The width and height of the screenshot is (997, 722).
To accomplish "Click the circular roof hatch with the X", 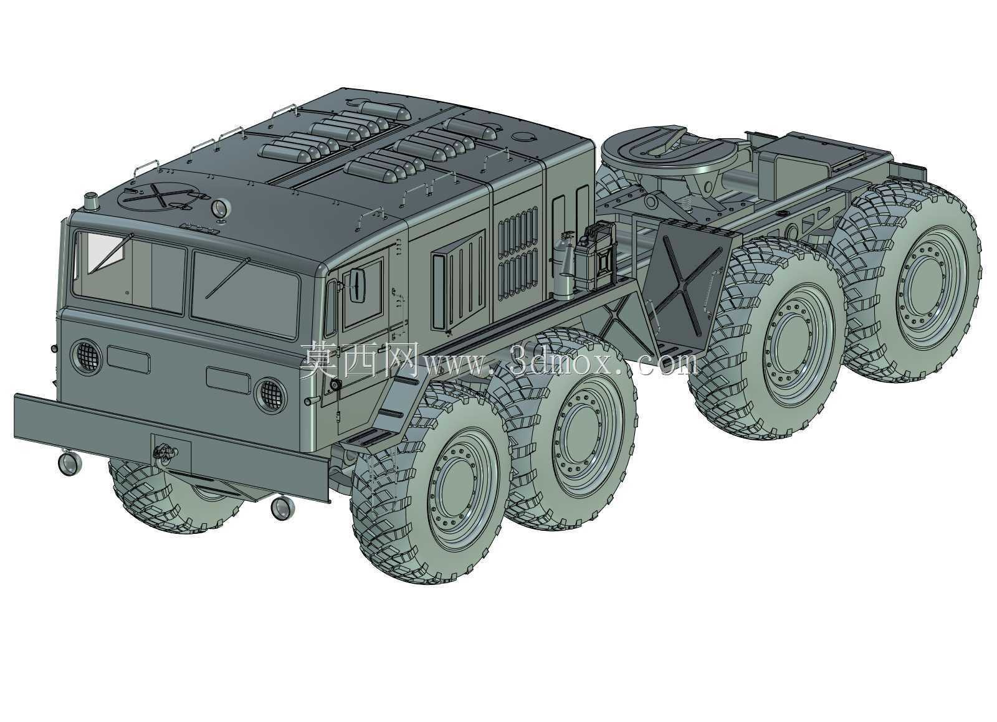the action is [159, 196].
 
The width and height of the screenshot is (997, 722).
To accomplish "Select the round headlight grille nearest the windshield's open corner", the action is [87, 357].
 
